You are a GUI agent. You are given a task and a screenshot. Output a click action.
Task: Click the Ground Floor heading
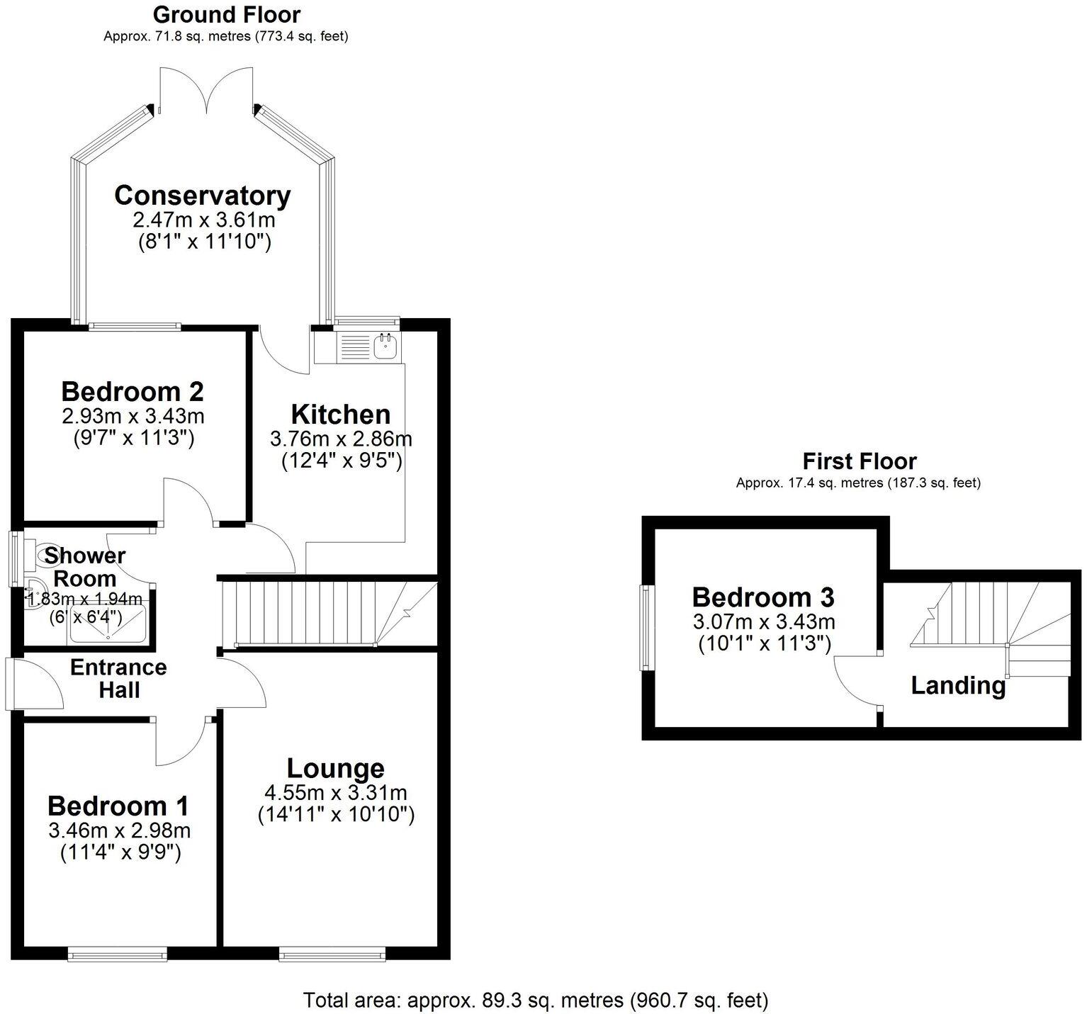pos(226,14)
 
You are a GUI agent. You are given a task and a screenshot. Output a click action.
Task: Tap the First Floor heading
pos(859,461)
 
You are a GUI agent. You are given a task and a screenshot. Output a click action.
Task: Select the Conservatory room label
pos(203,196)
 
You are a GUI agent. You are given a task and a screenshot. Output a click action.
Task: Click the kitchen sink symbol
pos(385,347)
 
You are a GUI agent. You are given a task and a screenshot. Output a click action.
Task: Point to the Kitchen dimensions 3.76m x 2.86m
pos(341,439)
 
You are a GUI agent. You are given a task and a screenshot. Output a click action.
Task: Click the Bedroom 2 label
pos(133,391)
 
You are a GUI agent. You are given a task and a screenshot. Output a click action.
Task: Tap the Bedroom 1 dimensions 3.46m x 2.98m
pos(119,830)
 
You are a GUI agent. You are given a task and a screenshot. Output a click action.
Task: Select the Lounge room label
pos(336,768)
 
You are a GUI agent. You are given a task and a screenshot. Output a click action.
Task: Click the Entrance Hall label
pos(119,678)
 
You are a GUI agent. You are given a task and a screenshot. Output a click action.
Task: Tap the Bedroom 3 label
pos(763,597)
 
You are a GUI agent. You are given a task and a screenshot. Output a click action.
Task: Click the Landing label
pos(958,686)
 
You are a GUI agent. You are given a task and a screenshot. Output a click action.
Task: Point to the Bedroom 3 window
pos(646,627)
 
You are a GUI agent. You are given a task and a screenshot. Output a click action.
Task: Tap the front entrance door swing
pos(35,684)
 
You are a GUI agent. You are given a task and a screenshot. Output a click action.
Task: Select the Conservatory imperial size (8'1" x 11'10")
pos(204,242)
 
